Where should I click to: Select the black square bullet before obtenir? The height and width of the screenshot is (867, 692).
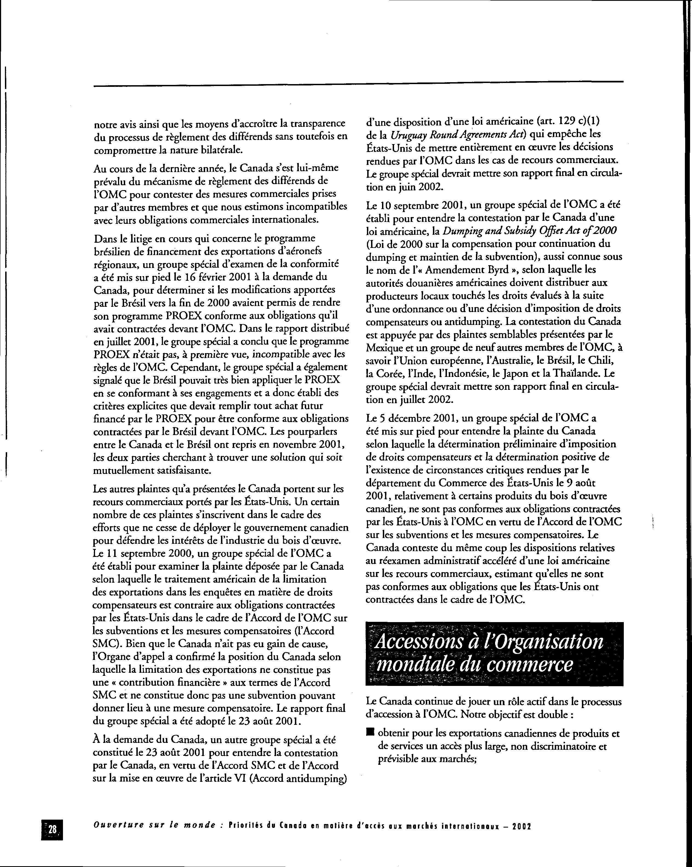370,733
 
